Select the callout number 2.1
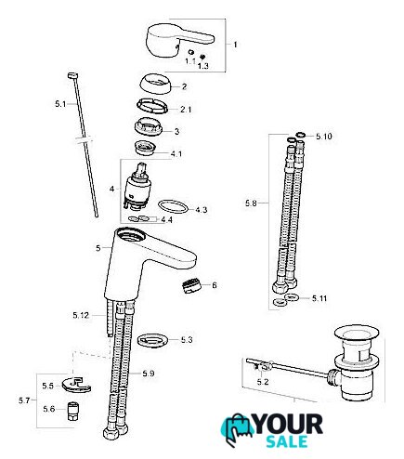point(186,110)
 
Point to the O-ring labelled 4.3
point(173,206)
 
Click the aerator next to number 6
point(191,286)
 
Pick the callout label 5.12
point(81,315)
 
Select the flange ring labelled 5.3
point(153,340)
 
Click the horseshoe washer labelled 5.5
point(76,386)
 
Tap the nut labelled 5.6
point(73,411)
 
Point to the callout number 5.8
point(251,203)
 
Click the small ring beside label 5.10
point(300,135)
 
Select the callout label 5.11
point(319,298)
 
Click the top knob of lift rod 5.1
point(72,75)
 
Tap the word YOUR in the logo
point(288,425)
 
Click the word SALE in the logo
point(287,441)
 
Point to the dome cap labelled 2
point(155,84)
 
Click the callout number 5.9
point(149,374)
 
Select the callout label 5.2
point(263,382)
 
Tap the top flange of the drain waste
point(357,334)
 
